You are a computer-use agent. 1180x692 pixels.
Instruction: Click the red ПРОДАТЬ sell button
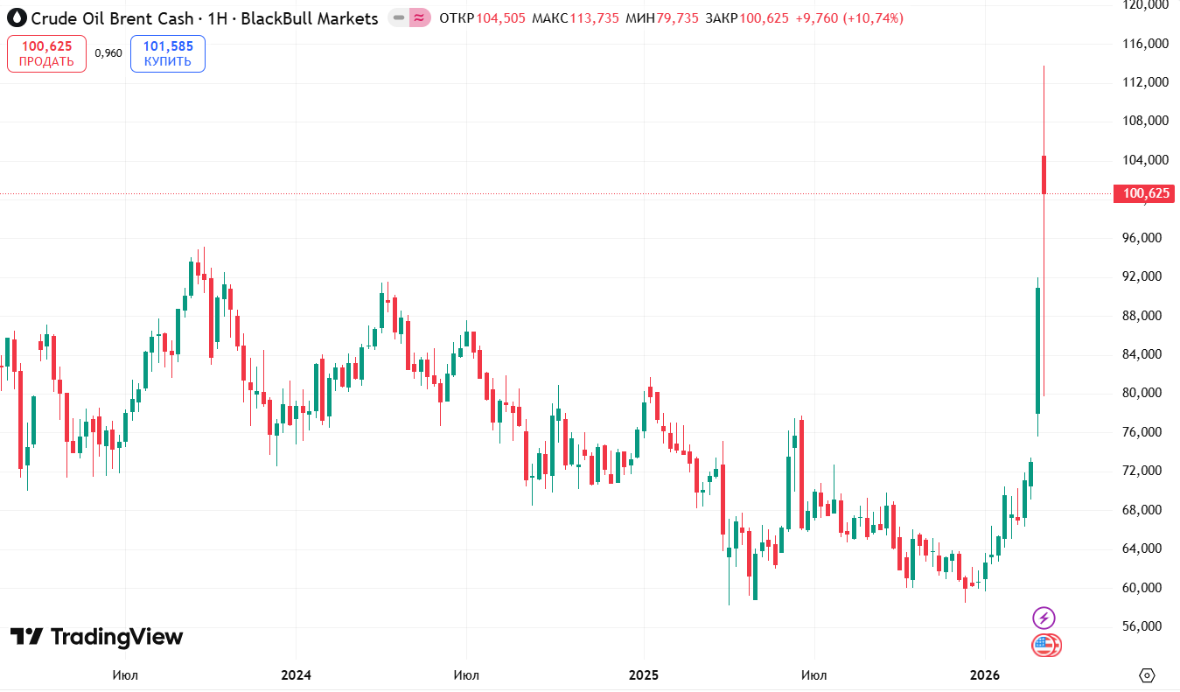point(46,53)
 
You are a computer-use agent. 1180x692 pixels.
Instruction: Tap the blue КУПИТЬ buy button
point(168,53)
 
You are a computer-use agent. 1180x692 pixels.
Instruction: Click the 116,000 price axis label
point(1145,44)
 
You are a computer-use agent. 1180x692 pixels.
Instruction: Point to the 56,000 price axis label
point(1145,626)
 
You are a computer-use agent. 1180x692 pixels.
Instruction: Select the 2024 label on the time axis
point(296,675)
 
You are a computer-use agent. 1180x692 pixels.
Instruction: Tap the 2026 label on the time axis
point(985,675)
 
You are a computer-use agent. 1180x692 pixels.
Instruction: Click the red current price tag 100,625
point(1143,193)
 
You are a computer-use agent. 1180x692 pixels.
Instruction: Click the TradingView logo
point(97,637)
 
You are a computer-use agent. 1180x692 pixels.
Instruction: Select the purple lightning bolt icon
point(1044,618)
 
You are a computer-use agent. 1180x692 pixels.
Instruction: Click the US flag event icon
point(1045,646)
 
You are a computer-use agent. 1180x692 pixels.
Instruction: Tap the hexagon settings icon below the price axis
point(1148,675)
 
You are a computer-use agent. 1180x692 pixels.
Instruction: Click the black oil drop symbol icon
point(17,17)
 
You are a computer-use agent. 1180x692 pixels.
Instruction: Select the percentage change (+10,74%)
point(873,18)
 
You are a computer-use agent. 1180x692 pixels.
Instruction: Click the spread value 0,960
point(108,53)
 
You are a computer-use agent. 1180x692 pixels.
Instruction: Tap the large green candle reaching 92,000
point(1037,350)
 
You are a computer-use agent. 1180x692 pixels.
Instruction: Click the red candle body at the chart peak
point(1044,175)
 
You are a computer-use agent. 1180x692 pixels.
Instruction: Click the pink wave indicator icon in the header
point(419,17)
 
